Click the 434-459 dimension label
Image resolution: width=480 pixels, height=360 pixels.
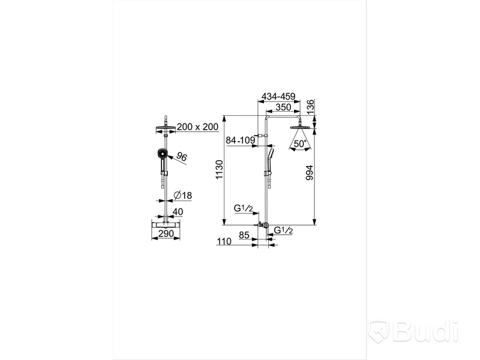point(277,97)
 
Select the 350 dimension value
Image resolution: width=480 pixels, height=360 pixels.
point(283,107)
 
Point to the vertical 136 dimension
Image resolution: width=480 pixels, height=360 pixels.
point(310,107)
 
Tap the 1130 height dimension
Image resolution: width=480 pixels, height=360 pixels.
point(220,170)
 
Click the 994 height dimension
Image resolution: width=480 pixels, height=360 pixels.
point(310,173)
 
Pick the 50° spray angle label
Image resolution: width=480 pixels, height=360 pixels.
point(300,143)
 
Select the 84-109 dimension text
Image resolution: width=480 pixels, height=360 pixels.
point(241,140)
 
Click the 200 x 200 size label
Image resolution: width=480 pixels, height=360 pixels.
point(197,127)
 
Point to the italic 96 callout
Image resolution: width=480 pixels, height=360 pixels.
point(182,157)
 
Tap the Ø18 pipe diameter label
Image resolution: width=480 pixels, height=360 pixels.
point(182,195)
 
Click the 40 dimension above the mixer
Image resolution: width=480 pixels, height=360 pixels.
point(178,212)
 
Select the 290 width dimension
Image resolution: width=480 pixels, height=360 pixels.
point(166,233)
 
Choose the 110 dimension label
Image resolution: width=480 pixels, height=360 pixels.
point(224,242)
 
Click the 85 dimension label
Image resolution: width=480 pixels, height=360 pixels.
point(244,235)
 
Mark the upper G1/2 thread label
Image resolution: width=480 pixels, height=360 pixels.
point(244,208)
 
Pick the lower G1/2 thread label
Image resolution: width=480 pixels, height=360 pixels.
point(283,230)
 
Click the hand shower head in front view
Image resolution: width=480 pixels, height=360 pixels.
point(161,153)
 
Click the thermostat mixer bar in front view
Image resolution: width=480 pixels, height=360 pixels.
point(166,224)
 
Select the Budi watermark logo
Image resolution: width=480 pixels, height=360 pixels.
point(413,331)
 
